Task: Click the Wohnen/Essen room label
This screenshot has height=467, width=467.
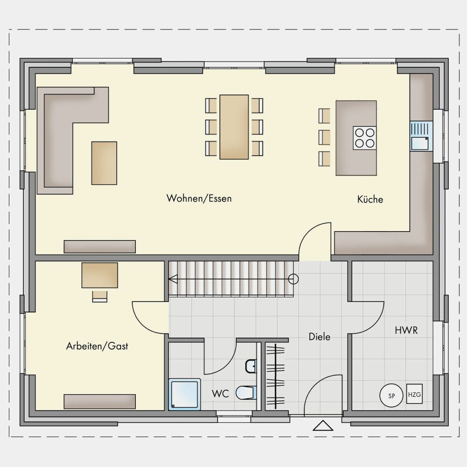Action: (x=199, y=198)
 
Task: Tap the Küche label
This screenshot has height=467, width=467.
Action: (x=370, y=199)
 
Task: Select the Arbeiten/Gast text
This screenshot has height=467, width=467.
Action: (x=97, y=346)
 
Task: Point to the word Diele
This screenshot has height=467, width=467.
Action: (x=319, y=337)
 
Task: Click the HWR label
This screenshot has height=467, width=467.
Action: (x=406, y=330)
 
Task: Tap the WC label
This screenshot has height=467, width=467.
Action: (x=220, y=394)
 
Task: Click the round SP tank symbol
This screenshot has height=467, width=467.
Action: (x=391, y=396)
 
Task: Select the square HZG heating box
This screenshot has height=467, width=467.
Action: (x=415, y=394)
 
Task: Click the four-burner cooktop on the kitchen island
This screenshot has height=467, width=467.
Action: (x=365, y=138)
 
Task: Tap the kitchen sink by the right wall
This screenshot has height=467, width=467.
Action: (x=421, y=136)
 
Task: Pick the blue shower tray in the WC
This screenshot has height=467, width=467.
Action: (x=184, y=394)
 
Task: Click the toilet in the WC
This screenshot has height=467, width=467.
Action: (x=246, y=393)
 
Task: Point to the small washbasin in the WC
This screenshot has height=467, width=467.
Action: (x=251, y=366)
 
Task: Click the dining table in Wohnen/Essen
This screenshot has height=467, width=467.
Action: (x=234, y=127)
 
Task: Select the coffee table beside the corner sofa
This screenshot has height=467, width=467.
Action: (x=104, y=163)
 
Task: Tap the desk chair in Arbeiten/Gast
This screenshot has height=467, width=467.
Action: (x=100, y=297)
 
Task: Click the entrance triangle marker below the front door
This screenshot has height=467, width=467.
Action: (x=323, y=425)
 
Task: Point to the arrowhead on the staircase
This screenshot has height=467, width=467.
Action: (x=173, y=279)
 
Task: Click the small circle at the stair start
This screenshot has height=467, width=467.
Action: (x=293, y=279)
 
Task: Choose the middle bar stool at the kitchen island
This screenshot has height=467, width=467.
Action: (x=325, y=137)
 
